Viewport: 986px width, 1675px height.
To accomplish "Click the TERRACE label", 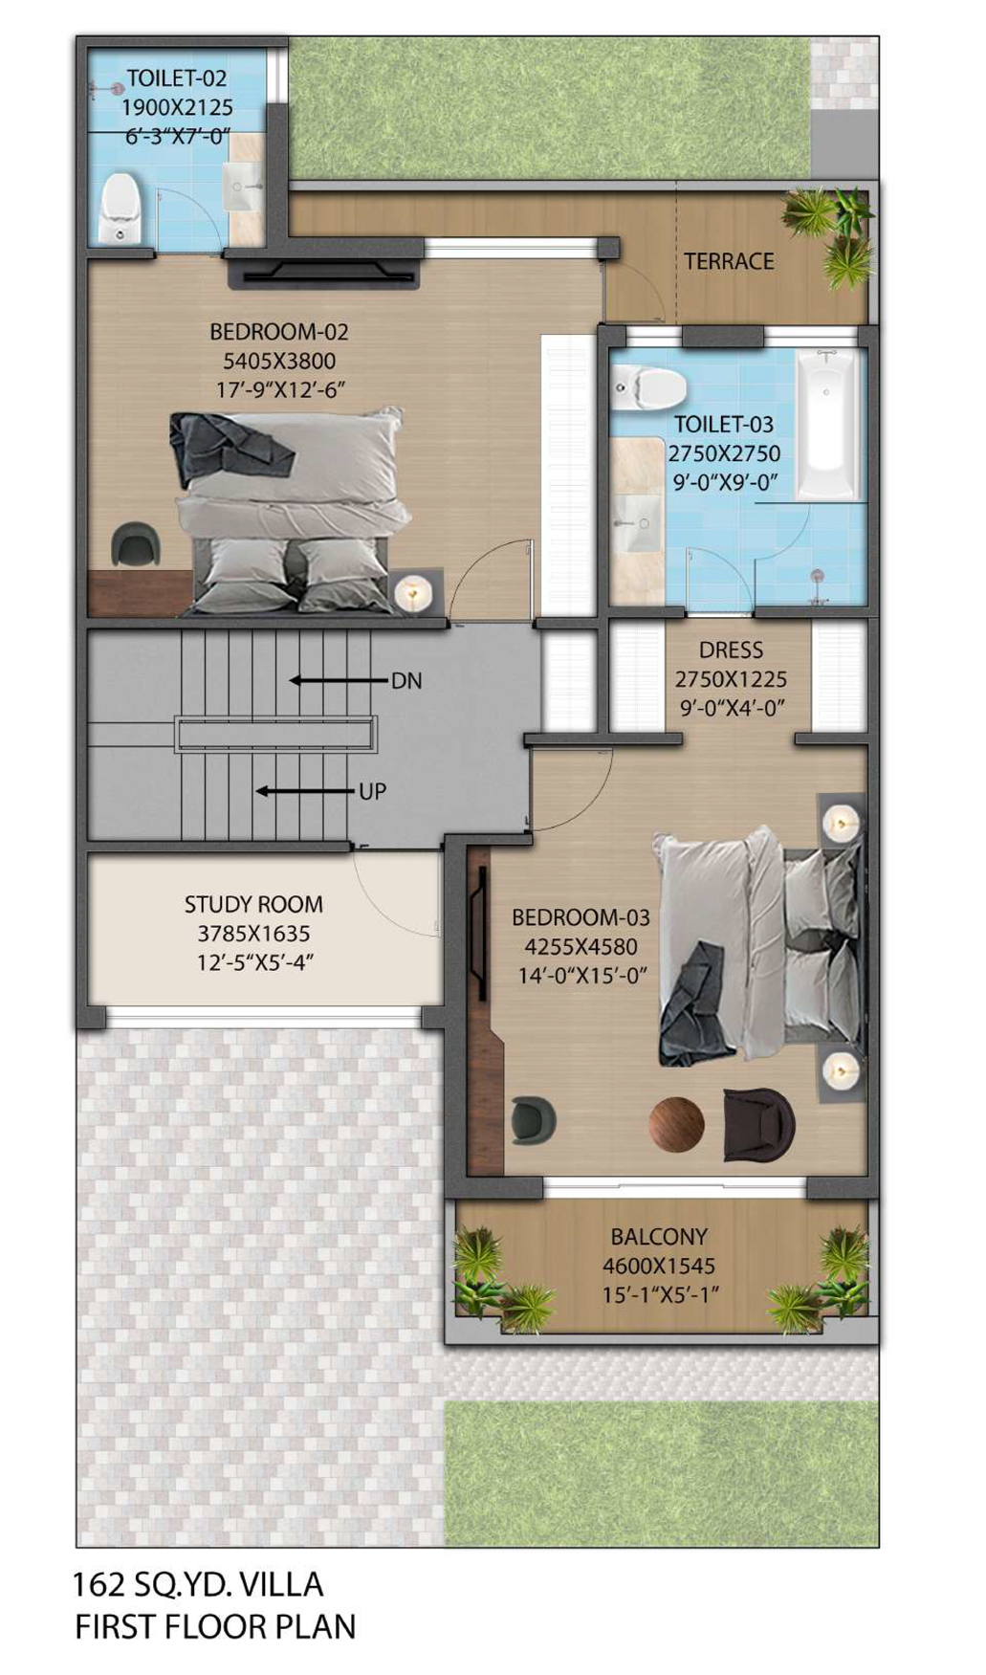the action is [729, 261].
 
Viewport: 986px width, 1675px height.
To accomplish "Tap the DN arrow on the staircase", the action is [339, 681].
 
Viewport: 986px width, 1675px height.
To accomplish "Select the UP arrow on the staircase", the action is [305, 791].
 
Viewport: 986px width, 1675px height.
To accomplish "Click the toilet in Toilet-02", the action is [121, 207].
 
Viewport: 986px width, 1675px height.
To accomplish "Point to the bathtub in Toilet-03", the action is [828, 422].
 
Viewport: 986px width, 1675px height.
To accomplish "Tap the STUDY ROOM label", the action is [253, 904].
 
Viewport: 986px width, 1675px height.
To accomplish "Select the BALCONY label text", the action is [659, 1236].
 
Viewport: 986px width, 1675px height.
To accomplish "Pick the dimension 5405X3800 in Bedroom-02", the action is [279, 361].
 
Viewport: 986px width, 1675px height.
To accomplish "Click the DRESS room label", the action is [731, 650].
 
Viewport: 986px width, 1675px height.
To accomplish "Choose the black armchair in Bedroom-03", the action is [758, 1123].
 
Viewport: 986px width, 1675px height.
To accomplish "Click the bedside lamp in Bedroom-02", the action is [413, 592].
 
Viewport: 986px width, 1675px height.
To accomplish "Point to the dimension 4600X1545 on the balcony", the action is [659, 1266].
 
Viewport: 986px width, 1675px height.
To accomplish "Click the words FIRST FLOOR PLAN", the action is [215, 1626].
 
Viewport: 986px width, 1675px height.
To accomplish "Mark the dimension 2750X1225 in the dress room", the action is [731, 679].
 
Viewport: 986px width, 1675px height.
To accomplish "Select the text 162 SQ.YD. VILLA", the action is [198, 1584].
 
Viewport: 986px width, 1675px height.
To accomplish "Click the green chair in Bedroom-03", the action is [533, 1120].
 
